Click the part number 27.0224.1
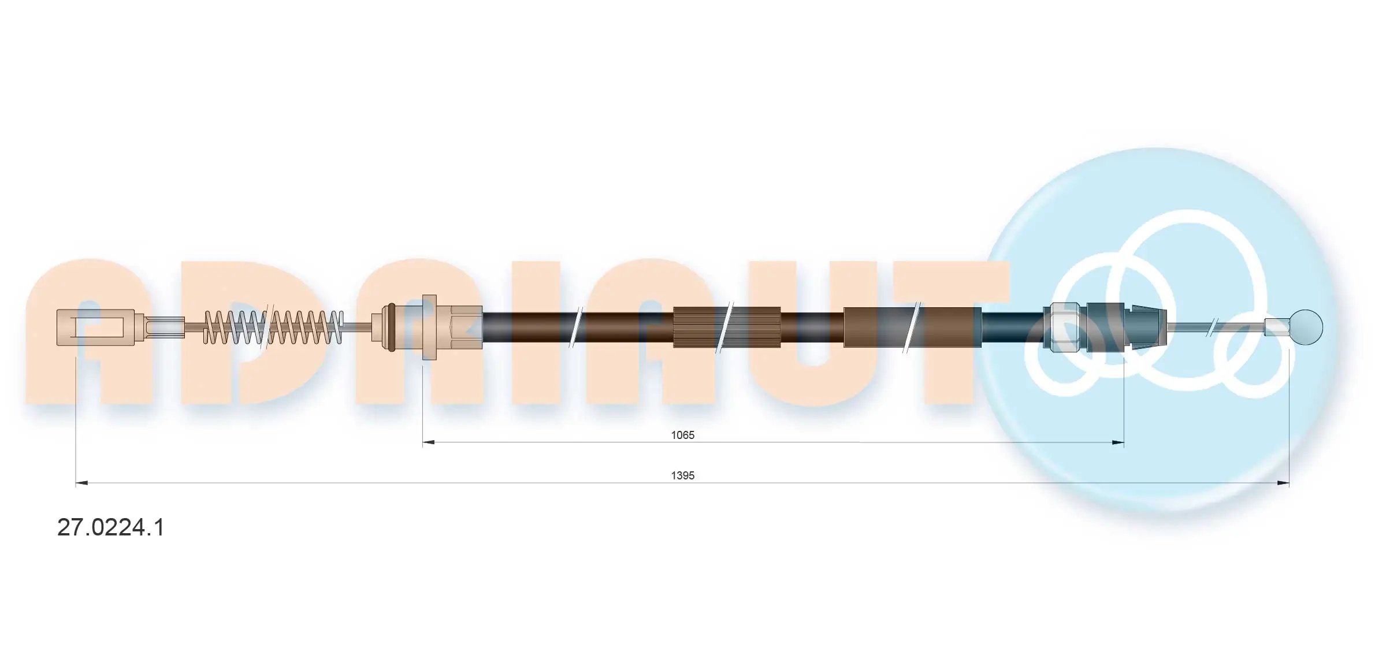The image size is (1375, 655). coord(111,527)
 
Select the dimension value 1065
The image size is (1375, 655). coord(682,435)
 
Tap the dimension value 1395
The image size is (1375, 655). coord(682,475)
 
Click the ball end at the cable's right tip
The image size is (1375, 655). coord(1306,327)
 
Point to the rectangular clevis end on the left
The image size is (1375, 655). coord(95,327)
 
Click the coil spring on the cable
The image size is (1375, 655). coord(274,327)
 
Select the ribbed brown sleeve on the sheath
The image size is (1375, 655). coord(726,327)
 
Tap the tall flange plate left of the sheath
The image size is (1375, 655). coord(429,327)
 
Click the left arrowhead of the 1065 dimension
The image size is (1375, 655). coord(428,442)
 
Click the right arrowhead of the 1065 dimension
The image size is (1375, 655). coord(1118,442)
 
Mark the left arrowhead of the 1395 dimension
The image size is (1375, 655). coord(81,483)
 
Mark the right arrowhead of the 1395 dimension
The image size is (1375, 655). coord(1283,483)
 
